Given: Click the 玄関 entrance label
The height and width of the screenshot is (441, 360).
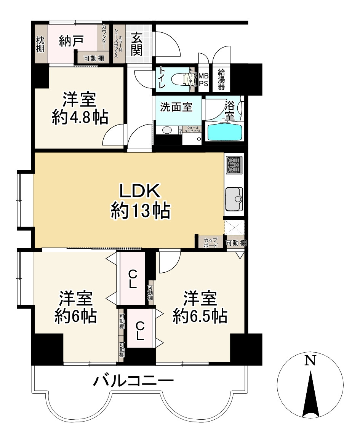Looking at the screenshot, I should point(137,44).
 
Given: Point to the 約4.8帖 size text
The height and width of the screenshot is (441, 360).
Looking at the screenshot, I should point(80,118).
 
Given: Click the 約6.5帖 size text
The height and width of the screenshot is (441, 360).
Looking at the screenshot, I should point(200,316).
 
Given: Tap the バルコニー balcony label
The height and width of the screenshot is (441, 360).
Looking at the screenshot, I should point(134,380).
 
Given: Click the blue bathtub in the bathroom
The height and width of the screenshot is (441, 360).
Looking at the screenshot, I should point(225,132).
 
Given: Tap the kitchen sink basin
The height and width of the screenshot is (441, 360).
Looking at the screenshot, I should point(233,198).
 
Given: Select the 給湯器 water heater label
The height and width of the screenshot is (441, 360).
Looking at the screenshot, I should point(221,79).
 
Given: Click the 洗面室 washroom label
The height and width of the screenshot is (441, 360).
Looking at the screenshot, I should point(176,107).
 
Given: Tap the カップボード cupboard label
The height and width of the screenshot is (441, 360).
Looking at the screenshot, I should point(211,243).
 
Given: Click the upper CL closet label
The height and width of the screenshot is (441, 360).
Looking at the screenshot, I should point(133,279).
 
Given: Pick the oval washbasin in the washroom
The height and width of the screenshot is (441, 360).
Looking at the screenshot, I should point(167,130).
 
